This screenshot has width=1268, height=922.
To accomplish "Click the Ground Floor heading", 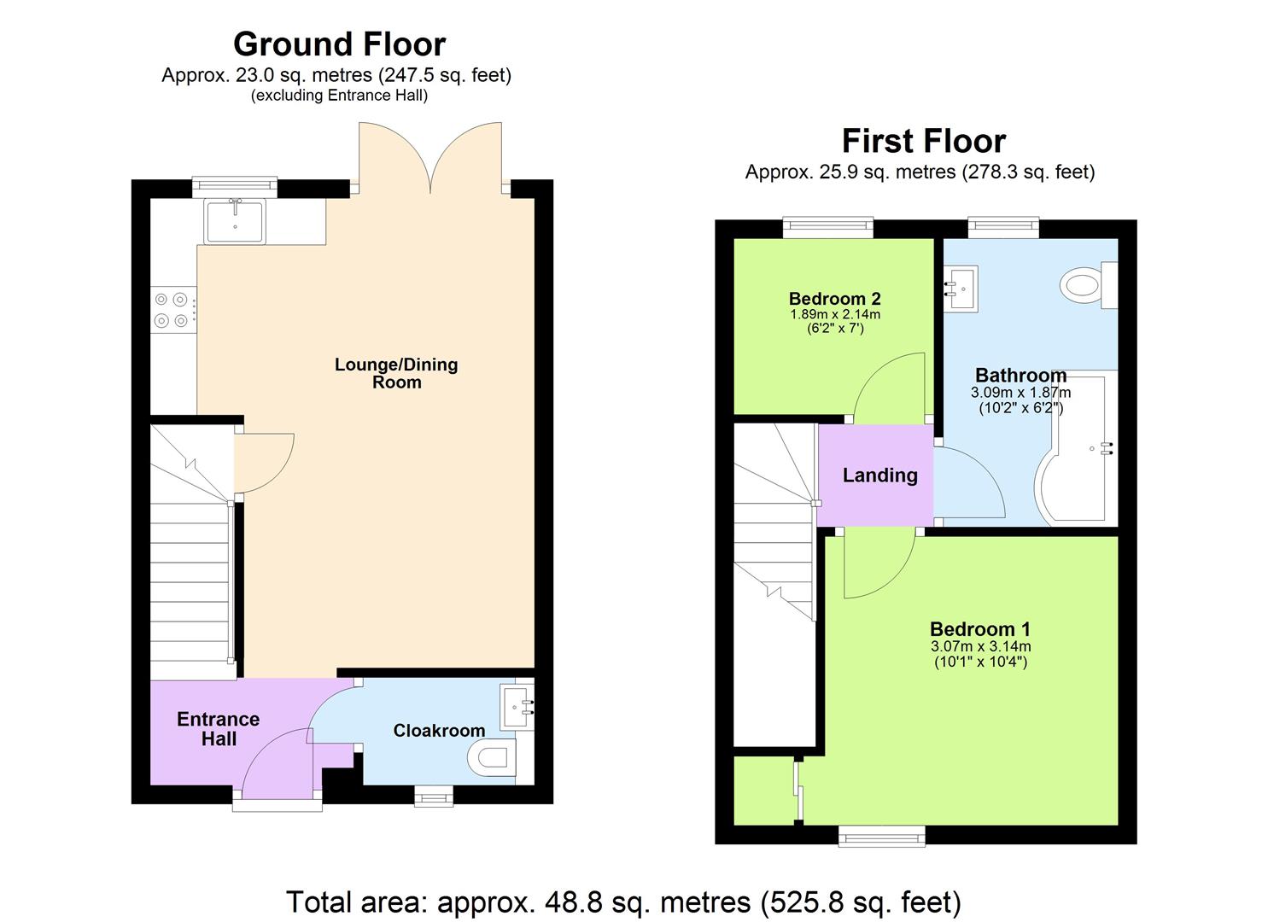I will coord(339,44).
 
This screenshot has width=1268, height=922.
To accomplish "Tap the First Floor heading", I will coord(923,141).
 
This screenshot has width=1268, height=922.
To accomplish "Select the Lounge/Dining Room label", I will coord(396,373).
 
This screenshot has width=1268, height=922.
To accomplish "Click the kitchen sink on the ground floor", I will coord(235,220).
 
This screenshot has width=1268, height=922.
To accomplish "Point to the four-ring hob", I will coord(171,310).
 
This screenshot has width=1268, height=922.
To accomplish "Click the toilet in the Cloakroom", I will coord(493,757).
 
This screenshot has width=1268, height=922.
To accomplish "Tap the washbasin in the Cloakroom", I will coord(518,706).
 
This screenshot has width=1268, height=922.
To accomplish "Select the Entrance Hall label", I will coord(218,729).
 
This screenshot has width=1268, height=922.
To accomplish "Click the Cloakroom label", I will coord(439,731).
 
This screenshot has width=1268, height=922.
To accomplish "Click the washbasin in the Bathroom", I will coord(961,287).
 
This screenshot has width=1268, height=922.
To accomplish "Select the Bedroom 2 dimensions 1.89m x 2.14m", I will coord(834,314).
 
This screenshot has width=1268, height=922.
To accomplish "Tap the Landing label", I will coord(879,476).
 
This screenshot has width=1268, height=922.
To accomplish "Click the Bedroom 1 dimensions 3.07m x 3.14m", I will coord(980,646).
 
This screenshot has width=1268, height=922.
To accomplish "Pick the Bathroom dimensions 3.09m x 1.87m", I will coord(1020,393).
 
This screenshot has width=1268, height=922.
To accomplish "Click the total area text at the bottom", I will coord(623,902).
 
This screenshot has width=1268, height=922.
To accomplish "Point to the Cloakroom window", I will coord(434,797).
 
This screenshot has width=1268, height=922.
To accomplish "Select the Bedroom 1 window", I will coord(882,836).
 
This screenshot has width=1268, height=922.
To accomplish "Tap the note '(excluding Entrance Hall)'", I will coord(339,96).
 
